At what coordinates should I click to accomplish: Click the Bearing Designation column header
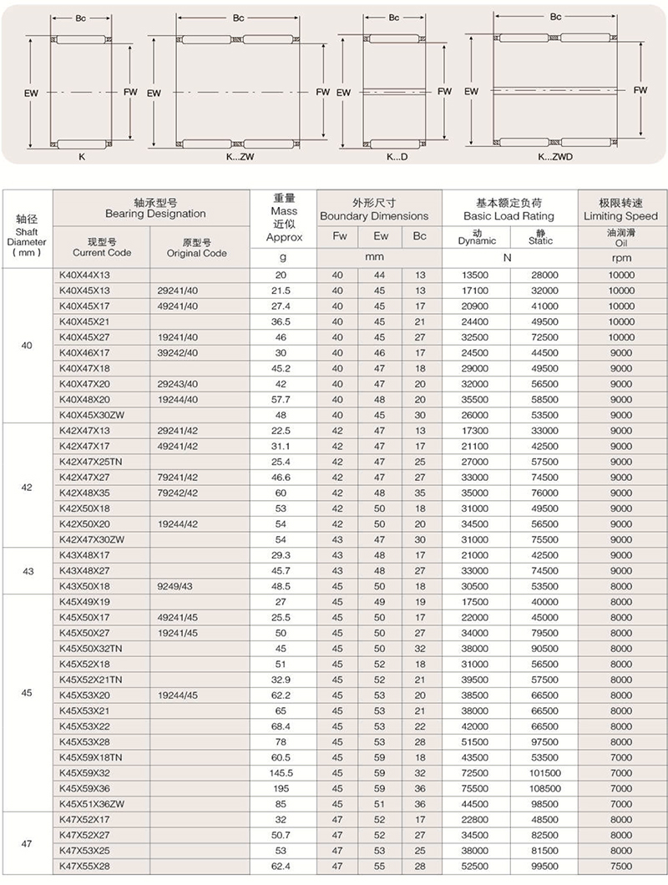[151, 208]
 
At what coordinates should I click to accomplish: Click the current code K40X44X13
[85, 275]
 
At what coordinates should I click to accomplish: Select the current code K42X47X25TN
[91, 462]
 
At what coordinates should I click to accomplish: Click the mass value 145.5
[281, 772]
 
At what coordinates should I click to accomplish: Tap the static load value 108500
[544, 788]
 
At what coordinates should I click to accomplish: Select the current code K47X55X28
[85, 867]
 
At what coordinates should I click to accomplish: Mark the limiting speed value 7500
[621, 867]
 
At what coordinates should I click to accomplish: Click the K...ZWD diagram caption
[554, 156]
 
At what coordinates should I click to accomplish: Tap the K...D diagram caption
[397, 156]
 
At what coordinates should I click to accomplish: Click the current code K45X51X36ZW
[91, 804]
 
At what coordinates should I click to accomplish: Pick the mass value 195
[281, 788]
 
